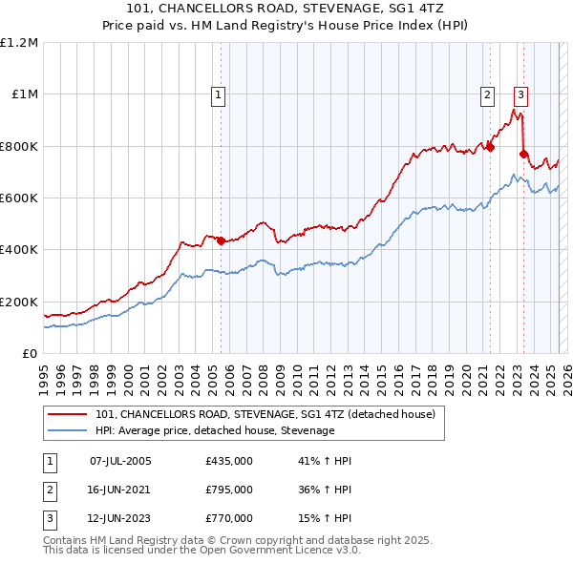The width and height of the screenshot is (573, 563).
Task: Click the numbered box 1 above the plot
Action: click(x=219, y=94)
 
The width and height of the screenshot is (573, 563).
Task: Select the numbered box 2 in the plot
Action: click(x=487, y=94)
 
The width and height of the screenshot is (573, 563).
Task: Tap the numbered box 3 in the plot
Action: click(x=520, y=94)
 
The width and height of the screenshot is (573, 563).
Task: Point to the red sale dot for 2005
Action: click(x=221, y=240)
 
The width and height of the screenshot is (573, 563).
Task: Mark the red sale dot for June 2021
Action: click(x=490, y=147)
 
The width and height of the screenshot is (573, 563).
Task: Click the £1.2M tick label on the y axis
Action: click(x=19, y=43)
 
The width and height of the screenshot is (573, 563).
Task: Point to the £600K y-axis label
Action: click(x=19, y=198)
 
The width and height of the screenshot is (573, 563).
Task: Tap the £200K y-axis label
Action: click(x=19, y=302)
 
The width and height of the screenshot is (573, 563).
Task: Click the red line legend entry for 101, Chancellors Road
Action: click(x=265, y=414)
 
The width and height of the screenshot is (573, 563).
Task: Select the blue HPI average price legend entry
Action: click(x=215, y=431)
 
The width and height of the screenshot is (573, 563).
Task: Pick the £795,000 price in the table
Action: click(x=229, y=490)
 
